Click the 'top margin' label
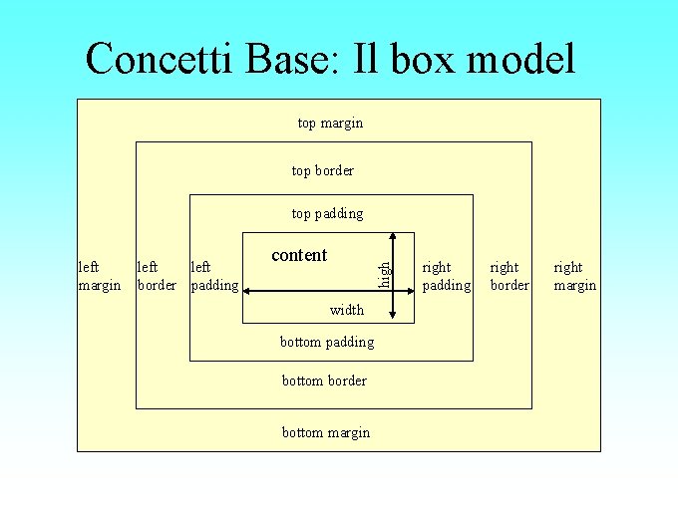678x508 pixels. [x=330, y=123]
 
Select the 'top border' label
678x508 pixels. [x=322, y=170]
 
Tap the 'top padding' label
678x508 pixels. [x=327, y=213]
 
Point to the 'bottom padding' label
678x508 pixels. [x=327, y=342]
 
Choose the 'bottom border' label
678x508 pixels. [x=324, y=381]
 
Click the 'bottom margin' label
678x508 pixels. [x=325, y=432]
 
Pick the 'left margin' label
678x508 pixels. [x=99, y=276]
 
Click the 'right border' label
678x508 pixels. [x=508, y=276]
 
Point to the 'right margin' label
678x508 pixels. [x=574, y=276]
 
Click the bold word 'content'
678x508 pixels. [x=299, y=255]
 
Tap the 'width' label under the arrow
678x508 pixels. [x=346, y=310]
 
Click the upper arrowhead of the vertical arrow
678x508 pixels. [x=394, y=237]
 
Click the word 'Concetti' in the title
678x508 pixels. [x=156, y=60]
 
